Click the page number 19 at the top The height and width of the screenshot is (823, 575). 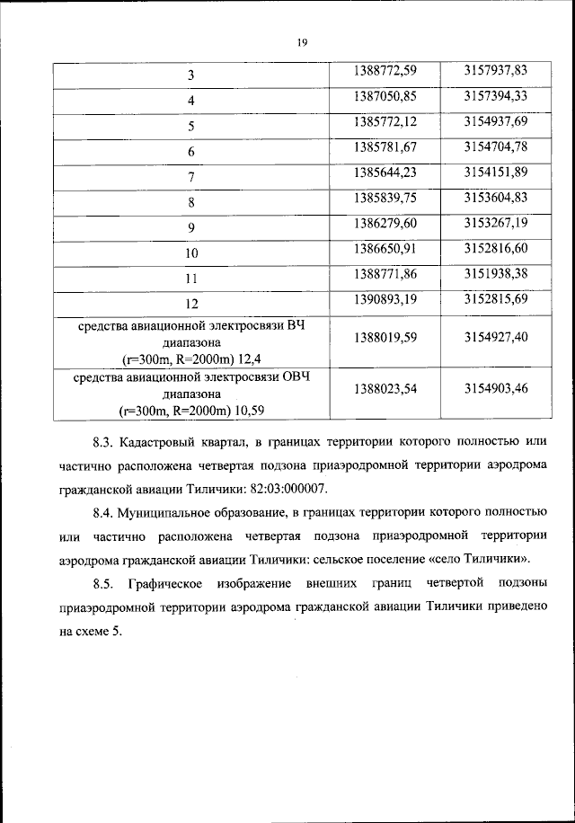click(x=301, y=41)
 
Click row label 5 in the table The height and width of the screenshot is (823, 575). click(x=191, y=127)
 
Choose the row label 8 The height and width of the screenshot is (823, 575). click(x=191, y=203)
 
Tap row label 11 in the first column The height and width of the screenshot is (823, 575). click(x=191, y=279)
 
